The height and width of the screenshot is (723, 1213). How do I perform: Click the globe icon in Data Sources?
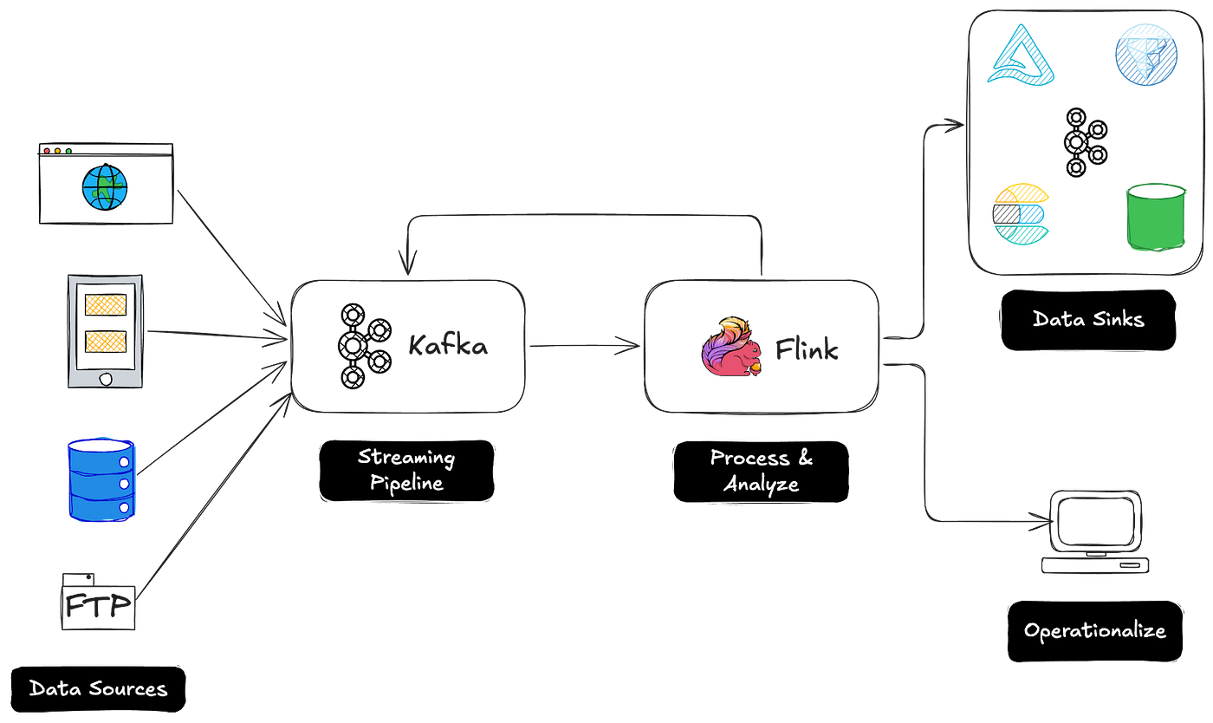point(105,187)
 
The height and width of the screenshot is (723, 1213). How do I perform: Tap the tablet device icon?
point(106,332)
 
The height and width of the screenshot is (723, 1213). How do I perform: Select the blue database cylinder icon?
point(101,479)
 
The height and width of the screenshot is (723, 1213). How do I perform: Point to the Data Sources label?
point(98,689)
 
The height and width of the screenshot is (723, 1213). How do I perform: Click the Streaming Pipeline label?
point(406,469)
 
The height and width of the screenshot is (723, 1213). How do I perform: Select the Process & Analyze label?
point(762,470)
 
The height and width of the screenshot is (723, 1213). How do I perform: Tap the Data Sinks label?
point(1088,319)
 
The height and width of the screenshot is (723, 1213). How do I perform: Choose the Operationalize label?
point(1094,630)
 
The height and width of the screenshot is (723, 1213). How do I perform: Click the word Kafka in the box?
point(448,348)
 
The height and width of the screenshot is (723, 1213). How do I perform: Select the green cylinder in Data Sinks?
point(1156,217)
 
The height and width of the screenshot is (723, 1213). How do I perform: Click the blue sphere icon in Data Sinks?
point(1145,54)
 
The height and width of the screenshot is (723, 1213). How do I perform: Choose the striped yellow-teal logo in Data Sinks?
point(1021,211)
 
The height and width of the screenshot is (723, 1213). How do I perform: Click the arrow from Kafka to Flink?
point(584,346)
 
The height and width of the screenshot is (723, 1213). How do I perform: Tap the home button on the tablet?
point(106,379)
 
